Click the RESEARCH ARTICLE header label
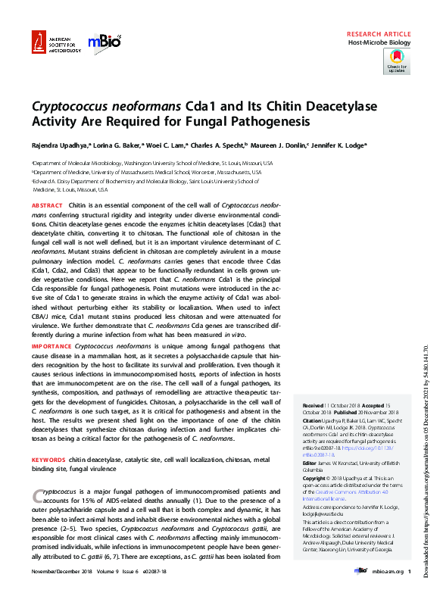378,35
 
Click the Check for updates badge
397,62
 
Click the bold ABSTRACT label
48,206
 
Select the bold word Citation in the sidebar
314,420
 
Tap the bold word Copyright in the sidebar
317,479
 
